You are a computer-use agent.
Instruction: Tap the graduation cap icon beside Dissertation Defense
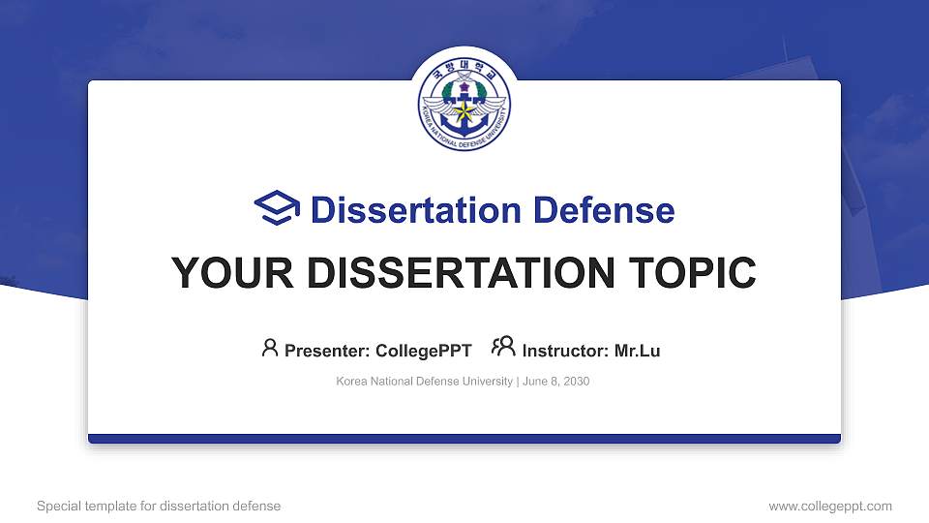[277, 209]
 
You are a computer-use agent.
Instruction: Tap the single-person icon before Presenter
[270, 348]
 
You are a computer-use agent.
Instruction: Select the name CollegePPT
[423, 351]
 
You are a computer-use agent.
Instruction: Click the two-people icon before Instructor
[503, 347]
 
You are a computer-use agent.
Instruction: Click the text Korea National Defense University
[424, 382]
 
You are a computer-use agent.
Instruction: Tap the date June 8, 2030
[556, 382]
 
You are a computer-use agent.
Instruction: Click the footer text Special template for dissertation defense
[159, 506]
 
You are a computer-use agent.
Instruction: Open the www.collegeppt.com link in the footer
[830, 506]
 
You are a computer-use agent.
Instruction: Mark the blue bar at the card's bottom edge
[464, 439]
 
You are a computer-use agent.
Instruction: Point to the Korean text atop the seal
[464, 71]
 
